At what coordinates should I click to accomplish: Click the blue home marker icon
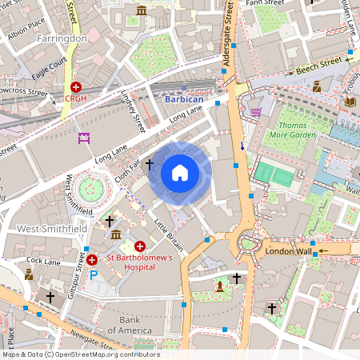pos(180,172)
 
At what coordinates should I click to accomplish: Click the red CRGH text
pos(76,99)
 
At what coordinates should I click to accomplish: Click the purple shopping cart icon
pos(256,112)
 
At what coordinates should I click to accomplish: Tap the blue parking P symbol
pos(93,274)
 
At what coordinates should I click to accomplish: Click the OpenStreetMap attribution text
pos(80,354)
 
